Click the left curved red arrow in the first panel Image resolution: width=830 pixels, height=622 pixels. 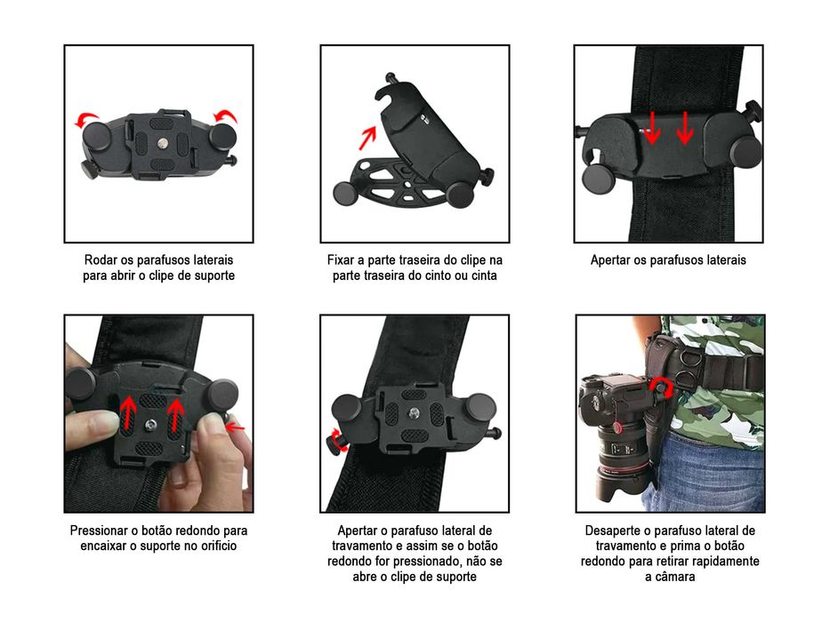click(x=86, y=120)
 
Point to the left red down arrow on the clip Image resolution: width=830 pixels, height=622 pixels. click(x=652, y=127)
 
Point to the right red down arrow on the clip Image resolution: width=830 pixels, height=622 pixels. click(x=684, y=127)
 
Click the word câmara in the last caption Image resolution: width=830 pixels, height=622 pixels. click(x=669, y=577)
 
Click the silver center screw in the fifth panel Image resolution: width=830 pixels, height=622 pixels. click(x=415, y=414)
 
